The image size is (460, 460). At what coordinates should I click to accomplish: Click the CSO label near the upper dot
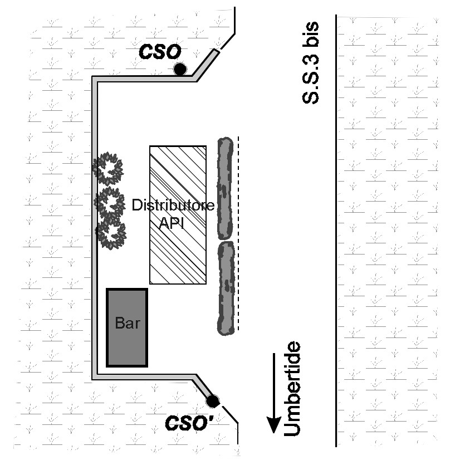point(160,52)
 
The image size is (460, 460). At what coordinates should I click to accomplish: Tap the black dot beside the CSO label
point(180,69)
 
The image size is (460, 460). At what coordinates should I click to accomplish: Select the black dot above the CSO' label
point(212,401)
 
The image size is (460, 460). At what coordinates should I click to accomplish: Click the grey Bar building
point(127,327)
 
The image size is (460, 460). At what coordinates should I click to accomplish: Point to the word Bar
point(128,322)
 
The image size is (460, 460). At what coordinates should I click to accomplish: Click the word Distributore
point(173,205)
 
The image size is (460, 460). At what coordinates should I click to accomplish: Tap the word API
point(172,223)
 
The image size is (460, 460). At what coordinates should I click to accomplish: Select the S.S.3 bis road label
point(310,62)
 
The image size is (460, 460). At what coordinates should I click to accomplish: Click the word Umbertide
point(292,389)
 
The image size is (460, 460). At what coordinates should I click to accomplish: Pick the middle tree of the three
point(109,202)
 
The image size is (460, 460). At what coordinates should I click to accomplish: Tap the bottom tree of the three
point(111,234)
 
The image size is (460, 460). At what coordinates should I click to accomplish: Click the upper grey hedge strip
point(225,188)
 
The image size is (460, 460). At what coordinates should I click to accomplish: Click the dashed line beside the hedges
point(238,233)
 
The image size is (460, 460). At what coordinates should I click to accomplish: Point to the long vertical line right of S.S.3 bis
point(336,231)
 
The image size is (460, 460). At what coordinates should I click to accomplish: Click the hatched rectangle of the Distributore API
point(178,215)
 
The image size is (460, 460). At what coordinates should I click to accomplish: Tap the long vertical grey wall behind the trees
point(95,228)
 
